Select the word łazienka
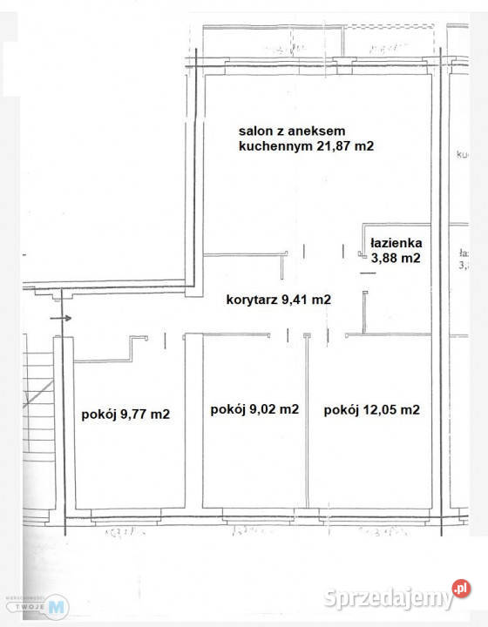(x=396, y=243)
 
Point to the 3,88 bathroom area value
(x=383, y=258)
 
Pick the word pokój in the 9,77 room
(x=99, y=415)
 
